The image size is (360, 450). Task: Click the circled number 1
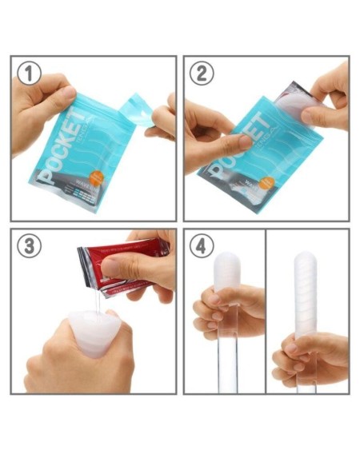click(30, 74)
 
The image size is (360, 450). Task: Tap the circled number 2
click(202, 74)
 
